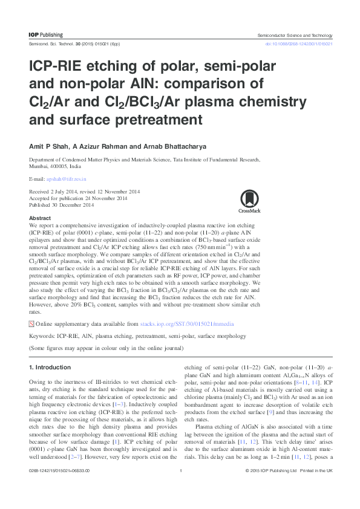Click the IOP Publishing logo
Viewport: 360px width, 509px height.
pyautogui.click(x=46, y=35)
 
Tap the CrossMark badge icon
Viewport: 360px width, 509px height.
pyautogui.click(x=249, y=201)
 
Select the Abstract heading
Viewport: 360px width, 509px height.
pyautogui.click(x=40, y=218)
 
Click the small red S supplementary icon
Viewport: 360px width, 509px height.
pyautogui.click(x=32, y=324)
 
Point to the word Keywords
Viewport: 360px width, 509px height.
pyautogui.click(x=42, y=336)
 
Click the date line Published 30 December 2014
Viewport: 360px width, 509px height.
pyautogui.click(x=69, y=204)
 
